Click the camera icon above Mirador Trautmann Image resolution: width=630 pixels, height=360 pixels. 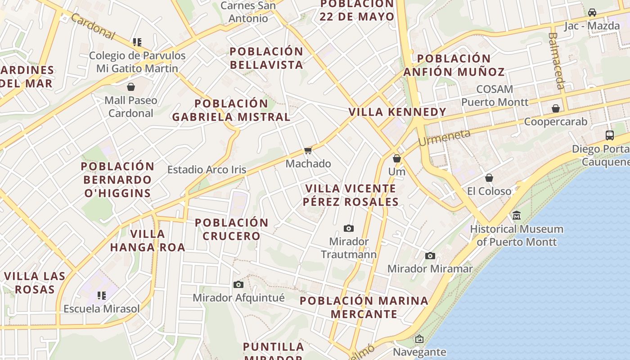coord(349,229)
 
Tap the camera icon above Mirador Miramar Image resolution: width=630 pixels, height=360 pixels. coord(430,256)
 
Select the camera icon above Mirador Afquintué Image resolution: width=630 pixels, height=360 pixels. coord(238,284)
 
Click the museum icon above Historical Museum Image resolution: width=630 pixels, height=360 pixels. coord(517,216)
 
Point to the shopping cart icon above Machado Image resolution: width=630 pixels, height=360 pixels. coord(308,150)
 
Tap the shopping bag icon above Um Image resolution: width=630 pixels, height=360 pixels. coord(396,158)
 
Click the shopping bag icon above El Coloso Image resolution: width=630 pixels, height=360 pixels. coord(489,178)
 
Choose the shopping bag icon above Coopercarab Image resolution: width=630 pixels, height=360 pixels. coord(556,108)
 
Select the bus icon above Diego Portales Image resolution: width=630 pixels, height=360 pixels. coord(610,135)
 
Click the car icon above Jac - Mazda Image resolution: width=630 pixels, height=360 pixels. coord(592,12)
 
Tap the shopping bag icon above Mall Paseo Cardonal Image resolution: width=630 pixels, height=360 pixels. coord(131,86)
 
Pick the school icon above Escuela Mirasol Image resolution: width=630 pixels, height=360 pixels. coord(102,296)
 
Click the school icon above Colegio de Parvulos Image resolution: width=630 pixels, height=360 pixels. coord(137,42)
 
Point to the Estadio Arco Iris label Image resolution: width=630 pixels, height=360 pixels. coord(207,170)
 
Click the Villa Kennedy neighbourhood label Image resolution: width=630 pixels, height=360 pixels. coord(397,112)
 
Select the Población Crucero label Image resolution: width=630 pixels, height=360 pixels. coord(231,229)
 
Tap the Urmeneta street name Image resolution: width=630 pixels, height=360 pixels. coord(444,137)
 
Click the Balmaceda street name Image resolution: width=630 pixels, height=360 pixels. coord(557,60)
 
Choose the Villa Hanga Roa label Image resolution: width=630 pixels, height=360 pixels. coord(148,240)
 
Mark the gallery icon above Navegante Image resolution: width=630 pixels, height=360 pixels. coord(419,339)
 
